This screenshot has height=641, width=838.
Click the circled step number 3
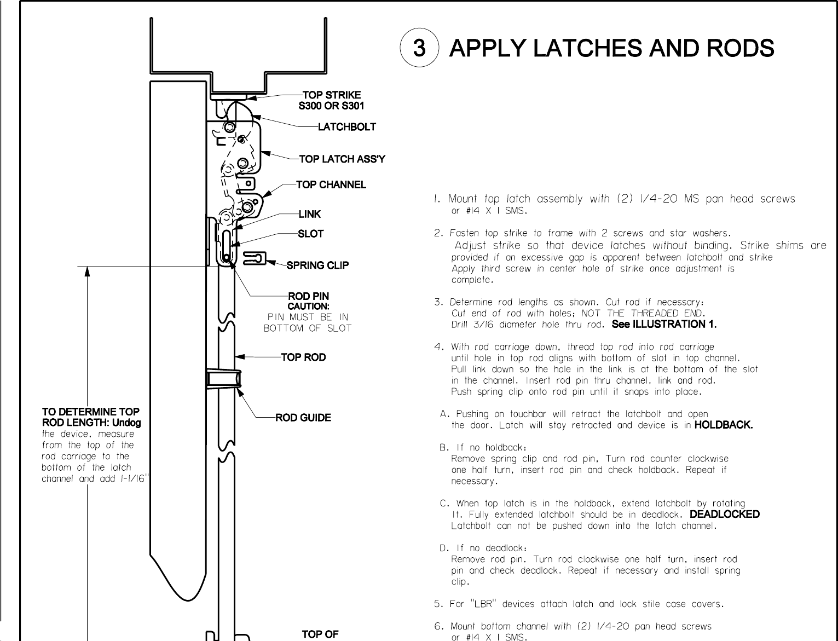419,48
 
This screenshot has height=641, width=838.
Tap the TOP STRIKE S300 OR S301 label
331,100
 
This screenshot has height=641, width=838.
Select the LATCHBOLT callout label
347,127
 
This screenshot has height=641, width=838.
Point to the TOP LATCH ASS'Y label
342,159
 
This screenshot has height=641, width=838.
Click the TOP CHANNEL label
331,185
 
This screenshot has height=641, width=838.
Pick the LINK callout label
310,214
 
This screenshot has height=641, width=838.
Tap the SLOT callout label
310,234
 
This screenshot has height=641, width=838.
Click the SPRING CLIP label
317,265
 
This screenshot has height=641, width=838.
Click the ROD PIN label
309,297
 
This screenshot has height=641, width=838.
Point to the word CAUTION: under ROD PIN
309,307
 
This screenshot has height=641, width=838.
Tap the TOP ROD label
303,357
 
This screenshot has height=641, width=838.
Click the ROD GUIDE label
303,418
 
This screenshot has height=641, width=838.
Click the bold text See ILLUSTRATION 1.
664,324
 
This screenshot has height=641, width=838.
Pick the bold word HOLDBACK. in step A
723,425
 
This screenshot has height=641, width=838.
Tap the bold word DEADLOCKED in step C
725,514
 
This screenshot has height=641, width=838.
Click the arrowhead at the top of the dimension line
87,272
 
